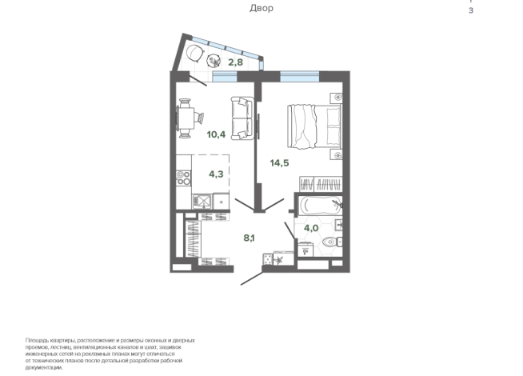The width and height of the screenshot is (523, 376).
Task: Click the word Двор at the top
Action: click(x=261, y=8)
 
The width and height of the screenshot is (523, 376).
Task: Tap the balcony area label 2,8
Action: click(x=235, y=62)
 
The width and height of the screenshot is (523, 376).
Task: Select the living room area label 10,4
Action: click(x=216, y=134)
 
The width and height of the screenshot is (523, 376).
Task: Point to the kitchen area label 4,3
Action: click(x=216, y=174)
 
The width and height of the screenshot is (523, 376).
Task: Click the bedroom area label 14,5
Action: click(x=280, y=163)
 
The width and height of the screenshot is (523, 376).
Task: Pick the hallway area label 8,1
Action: click(x=250, y=238)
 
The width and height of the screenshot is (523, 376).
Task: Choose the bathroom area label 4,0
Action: click(x=311, y=228)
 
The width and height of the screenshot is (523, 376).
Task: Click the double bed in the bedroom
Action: click(x=314, y=126)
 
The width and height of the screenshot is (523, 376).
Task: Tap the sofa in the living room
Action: click(x=242, y=118)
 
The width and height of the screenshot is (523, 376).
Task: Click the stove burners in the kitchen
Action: click(x=183, y=178)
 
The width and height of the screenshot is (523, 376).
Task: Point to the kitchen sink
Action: click(x=202, y=202)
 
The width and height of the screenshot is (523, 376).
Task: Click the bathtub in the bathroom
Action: click(x=320, y=205)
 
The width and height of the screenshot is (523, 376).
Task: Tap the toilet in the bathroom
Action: click(x=332, y=241)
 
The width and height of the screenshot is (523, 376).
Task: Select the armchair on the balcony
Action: click(x=195, y=53)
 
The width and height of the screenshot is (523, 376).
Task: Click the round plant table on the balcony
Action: click(x=214, y=61)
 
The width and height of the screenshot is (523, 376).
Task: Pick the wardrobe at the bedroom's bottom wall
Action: click(x=321, y=184)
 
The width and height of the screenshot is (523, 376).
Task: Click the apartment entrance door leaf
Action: click(x=252, y=278)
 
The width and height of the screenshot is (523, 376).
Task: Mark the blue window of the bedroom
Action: click(x=300, y=77)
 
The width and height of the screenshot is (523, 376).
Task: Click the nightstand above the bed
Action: click(x=336, y=98)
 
